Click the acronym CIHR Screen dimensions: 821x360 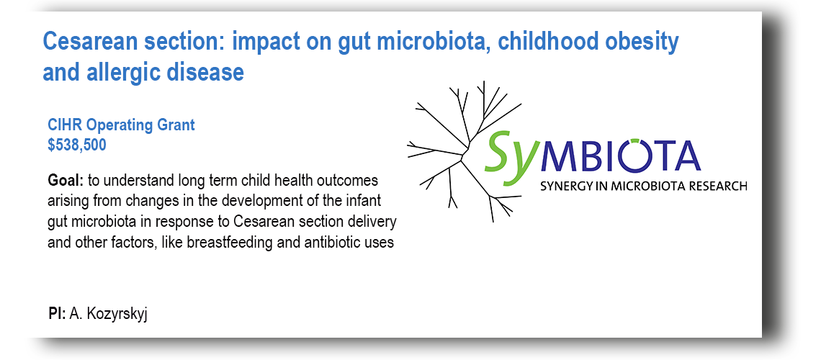tap(65, 125)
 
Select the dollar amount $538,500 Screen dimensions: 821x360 tap(77, 145)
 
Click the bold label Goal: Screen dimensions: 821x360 tap(66, 181)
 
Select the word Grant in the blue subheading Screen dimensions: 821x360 tap(177, 125)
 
